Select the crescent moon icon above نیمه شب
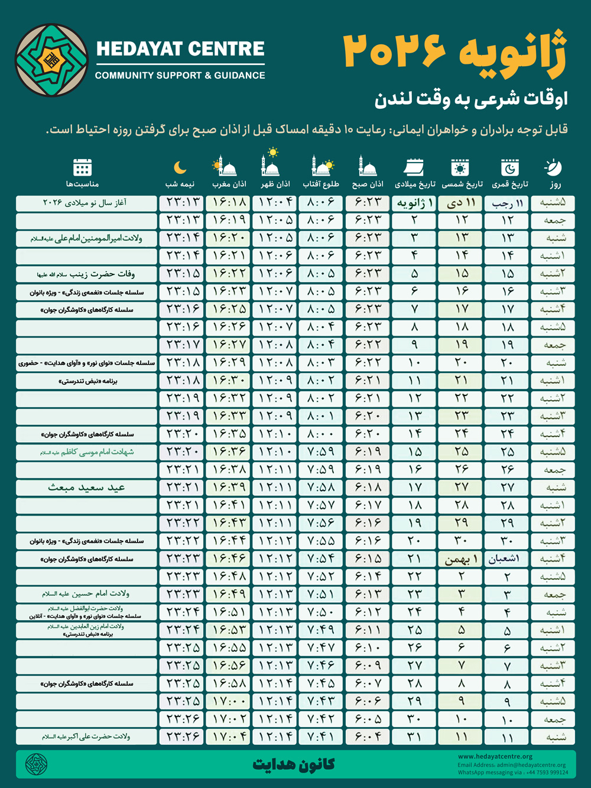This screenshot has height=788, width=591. [180, 168]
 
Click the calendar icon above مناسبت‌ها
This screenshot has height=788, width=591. [82, 167]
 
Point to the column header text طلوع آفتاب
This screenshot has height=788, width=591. [321, 184]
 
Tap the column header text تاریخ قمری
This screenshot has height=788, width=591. [509, 184]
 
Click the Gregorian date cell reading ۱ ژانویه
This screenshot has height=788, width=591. [414, 203]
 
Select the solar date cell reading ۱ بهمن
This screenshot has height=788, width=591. [461, 559]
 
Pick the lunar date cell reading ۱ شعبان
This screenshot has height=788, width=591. [507, 559]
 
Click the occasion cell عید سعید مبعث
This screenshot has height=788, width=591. [86, 488]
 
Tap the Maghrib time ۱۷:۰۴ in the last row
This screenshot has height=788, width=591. [229, 737]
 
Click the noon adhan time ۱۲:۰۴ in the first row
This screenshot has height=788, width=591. [275, 202]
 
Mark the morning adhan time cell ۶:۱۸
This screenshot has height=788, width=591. [368, 488]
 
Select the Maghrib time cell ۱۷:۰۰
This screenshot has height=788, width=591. [229, 702]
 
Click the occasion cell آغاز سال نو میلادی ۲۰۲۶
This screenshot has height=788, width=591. [86, 203]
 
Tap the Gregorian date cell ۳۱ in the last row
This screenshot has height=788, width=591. [414, 737]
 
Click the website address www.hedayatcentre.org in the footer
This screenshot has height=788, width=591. [495, 756]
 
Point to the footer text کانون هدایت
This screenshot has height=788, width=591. [294, 764]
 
